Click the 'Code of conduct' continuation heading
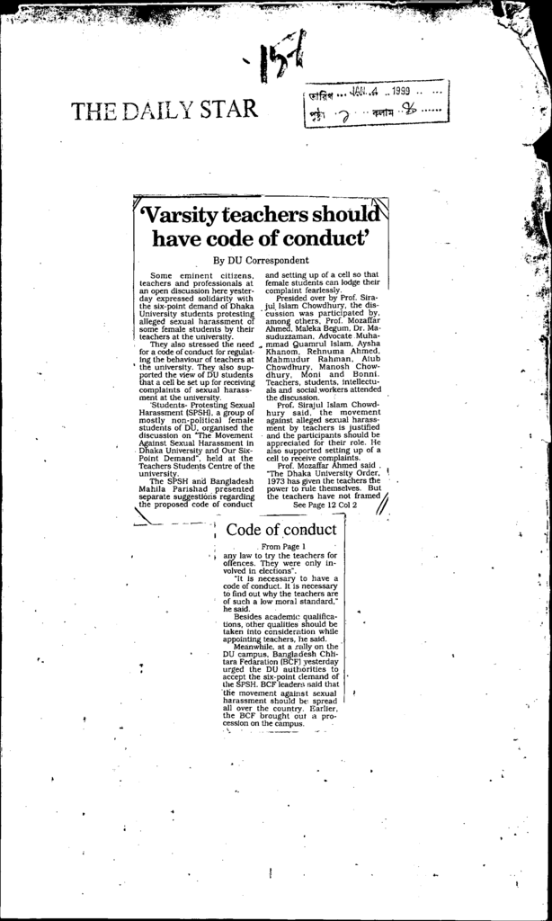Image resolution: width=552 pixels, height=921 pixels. [281, 529]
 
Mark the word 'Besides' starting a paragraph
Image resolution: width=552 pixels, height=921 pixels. [251, 616]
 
